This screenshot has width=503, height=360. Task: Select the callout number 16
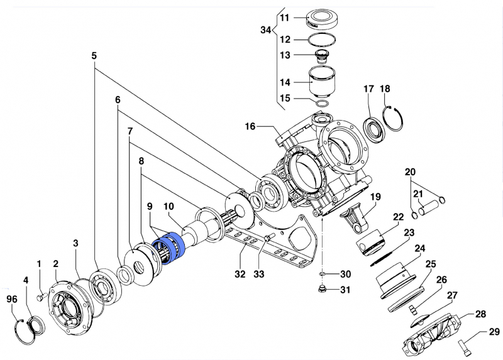point(251,127)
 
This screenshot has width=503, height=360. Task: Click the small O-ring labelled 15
point(322,102)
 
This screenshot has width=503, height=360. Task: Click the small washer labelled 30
point(321,274)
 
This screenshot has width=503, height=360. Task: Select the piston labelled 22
point(371,242)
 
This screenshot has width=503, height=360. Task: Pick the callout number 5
point(94,55)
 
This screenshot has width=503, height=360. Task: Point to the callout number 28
point(480,314)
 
